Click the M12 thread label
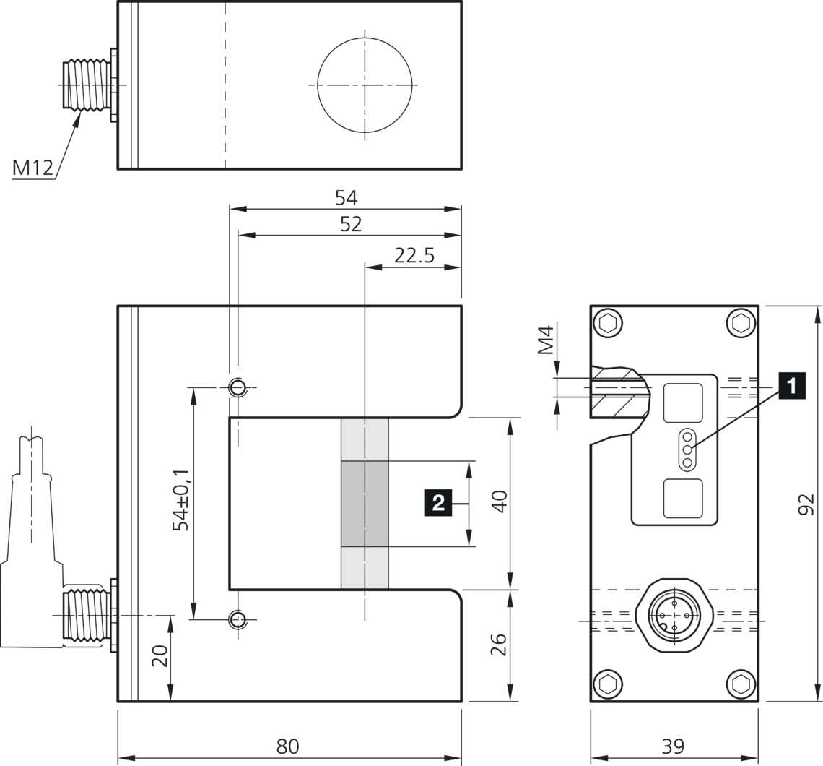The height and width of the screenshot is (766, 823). (x=32, y=168)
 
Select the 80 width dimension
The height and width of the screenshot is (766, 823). (x=287, y=746)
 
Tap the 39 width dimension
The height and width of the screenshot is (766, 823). (x=673, y=746)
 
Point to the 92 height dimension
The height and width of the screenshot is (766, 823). (x=806, y=504)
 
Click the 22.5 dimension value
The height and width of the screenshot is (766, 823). (x=414, y=255)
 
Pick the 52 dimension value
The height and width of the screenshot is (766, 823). (x=351, y=224)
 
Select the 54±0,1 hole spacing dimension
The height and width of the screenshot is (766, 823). (x=182, y=499)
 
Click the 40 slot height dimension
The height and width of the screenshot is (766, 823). (x=499, y=502)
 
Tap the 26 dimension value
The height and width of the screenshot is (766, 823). (x=499, y=645)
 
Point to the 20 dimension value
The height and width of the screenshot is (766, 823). (x=160, y=655)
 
